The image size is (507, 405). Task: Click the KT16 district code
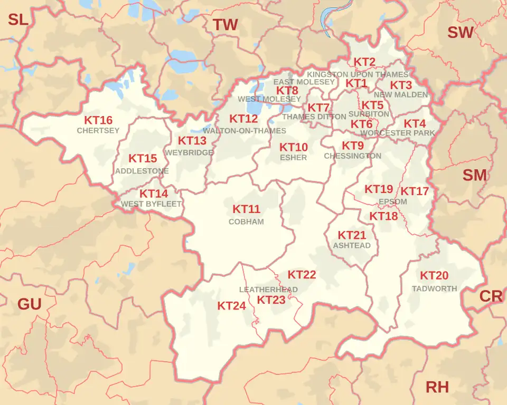pyautogui.click(x=98, y=120)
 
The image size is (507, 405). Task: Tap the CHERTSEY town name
pyautogui.click(x=98, y=131)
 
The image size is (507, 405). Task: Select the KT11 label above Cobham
pyautogui.click(x=246, y=209)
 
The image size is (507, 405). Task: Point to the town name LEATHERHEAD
pyautogui.click(x=268, y=290)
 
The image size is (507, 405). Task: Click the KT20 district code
pyautogui.click(x=434, y=275)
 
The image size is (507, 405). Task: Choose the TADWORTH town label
pyautogui.click(x=434, y=288)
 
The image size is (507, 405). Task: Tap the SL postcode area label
pyautogui.click(x=18, y=20)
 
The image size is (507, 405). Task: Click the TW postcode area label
pyautogui.click(x=225, y=25)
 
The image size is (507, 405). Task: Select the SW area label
pyautogui.click(x=461, y=33)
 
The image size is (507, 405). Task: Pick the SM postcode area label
pyautogui.click(x=474, y=176)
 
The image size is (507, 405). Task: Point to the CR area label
pyautogui.click(x=491, y=296)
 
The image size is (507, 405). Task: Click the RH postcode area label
pyautogui.click(x=437, y=388)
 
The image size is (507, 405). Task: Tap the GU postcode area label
pyautogui.click(x=30, y=304)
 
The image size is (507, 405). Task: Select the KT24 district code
pyautogui.click(x=231, y=306)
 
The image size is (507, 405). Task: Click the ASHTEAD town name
pyautogui.click(x=352, y=245)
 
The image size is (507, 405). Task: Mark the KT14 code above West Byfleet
pyautogui.click(x=154, y=194)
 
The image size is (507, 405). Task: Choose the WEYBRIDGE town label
pyautogui.click(x=189, y=152)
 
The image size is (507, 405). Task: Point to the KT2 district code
pyautogui.click(x=364, y=62)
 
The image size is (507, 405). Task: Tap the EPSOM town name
pyautogui.click(x=393, y=202)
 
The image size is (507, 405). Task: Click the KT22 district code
pyautogui.click(x=302, y=275)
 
